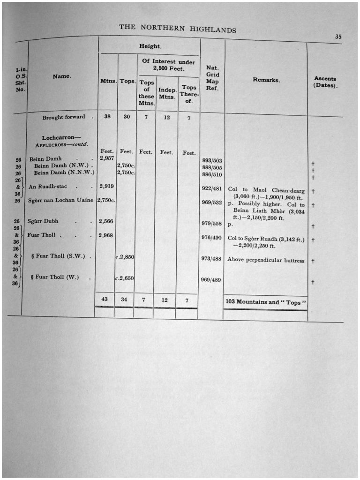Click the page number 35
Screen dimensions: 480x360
point(338,36)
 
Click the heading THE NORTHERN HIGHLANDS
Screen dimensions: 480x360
point(177,28)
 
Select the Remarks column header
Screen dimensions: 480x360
point(266,80)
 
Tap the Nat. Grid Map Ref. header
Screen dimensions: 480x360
point(212,78)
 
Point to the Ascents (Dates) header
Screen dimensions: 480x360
point(325,82)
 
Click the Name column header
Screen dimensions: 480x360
point(61,76)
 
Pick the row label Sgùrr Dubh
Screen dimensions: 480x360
point(43,221)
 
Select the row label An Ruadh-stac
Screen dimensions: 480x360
point(48,186)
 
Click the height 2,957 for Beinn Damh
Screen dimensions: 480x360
point(107,158)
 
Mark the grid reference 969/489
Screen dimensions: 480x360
point(210,279)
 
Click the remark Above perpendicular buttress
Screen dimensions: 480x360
point(266,260)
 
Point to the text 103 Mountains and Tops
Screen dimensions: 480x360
point(266,302)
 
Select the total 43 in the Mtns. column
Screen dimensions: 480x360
point(106,299)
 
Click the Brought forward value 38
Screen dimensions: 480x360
point(107,117)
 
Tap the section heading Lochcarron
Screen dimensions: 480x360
point(58,138)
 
